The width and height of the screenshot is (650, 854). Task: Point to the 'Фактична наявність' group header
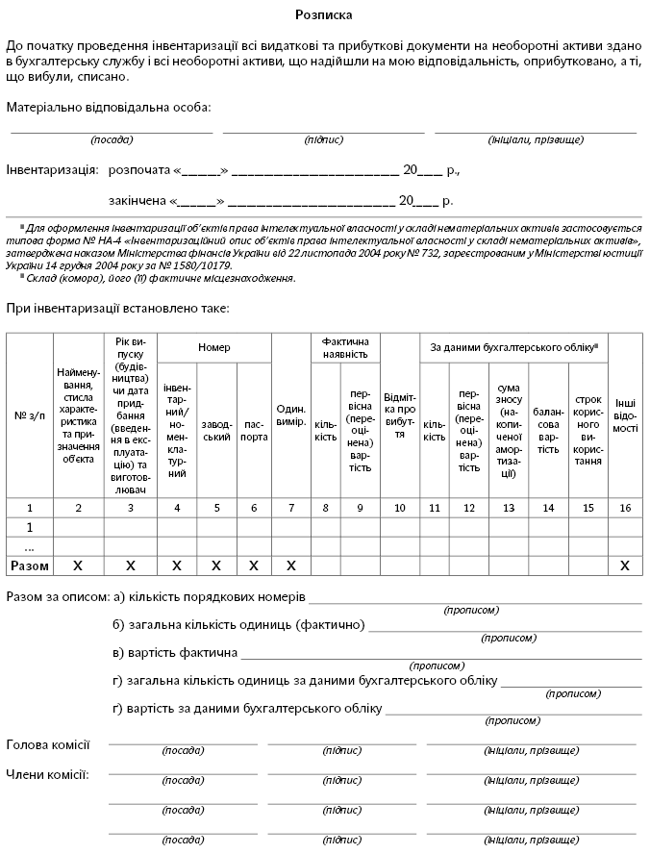[346, 347]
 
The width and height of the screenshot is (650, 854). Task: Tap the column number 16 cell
[625, 507]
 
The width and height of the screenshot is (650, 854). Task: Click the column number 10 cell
[400, 507]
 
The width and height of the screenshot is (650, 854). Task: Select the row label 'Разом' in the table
[29, 565]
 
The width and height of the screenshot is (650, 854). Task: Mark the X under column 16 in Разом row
[625, 565]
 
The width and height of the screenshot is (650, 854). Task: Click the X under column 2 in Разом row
[78, 565]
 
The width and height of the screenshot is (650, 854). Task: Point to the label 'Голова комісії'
[48, 744]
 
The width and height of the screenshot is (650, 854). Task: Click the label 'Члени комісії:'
[48, 773]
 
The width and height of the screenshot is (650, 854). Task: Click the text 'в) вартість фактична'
[175, 654]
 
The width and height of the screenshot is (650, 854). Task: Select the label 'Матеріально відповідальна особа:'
[109, 106]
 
